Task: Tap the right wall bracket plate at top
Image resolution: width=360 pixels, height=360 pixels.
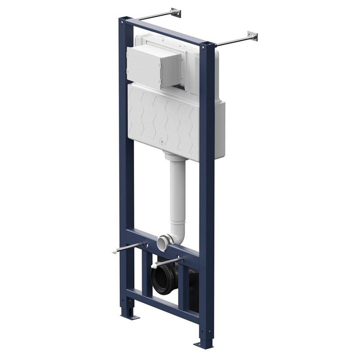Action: (x=252, y=36)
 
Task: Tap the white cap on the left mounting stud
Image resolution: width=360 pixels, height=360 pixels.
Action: (x=115, y=251)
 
